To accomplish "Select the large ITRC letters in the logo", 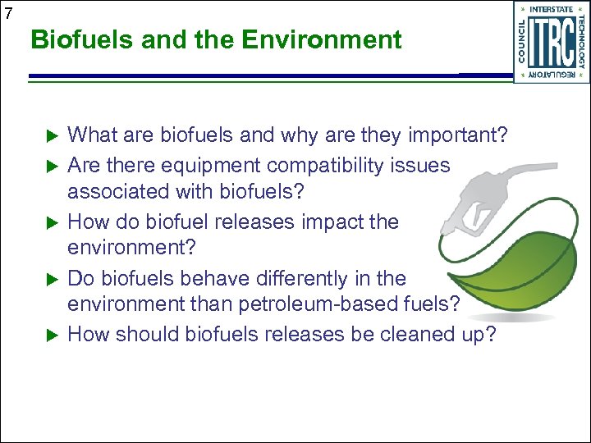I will (552, 42).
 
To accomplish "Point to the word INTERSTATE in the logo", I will (552, 10).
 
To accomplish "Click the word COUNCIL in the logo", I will (522, 42).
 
